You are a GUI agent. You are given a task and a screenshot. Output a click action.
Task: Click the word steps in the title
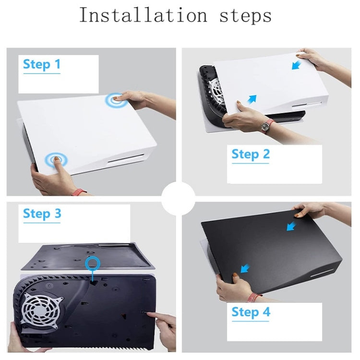245,16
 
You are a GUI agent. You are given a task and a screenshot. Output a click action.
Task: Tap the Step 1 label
42,65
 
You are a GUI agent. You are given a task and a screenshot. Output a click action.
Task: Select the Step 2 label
251,155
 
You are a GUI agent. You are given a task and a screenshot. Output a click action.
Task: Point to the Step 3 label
42,214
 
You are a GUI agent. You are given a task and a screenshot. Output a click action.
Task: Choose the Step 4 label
251,312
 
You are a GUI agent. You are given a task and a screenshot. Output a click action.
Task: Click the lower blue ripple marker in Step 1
56,160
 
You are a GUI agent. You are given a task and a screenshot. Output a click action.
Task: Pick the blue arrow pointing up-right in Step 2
252,99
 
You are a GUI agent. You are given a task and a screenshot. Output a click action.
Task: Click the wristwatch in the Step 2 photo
265,127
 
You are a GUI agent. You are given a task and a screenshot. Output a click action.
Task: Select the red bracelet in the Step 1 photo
79,192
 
